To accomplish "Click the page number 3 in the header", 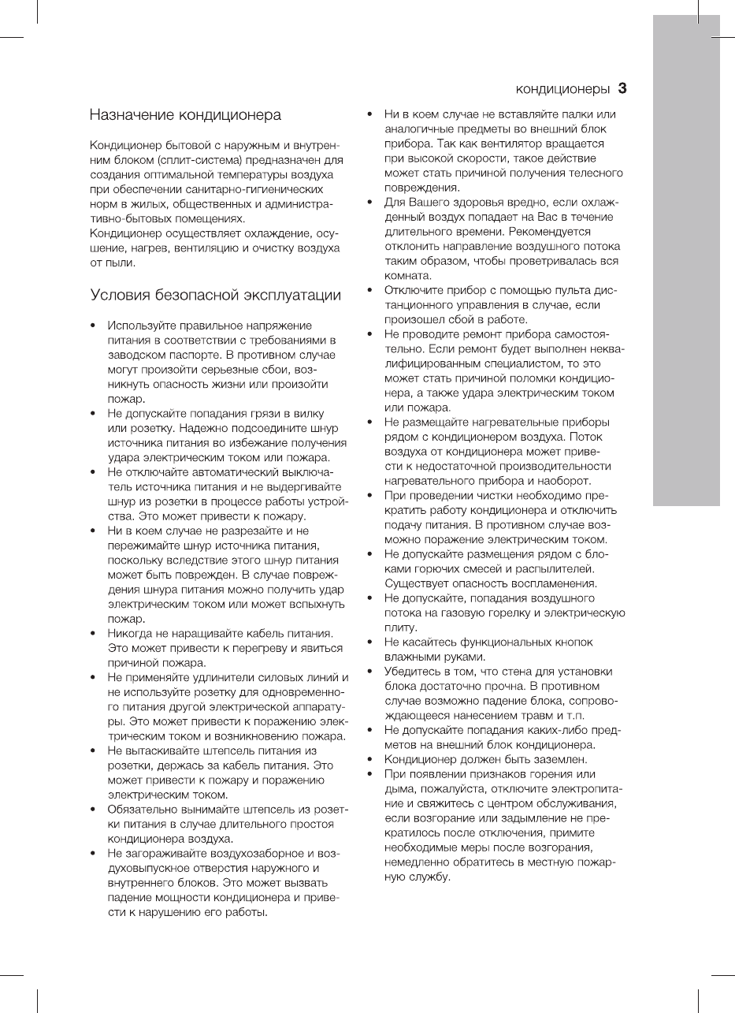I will tap(622, 88).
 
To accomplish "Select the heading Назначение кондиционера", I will tap(185, 116).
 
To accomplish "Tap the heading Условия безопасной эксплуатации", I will tap(216, 296).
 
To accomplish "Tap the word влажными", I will tap(410, 657).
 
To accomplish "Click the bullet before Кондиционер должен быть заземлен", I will tap(369, 760).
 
